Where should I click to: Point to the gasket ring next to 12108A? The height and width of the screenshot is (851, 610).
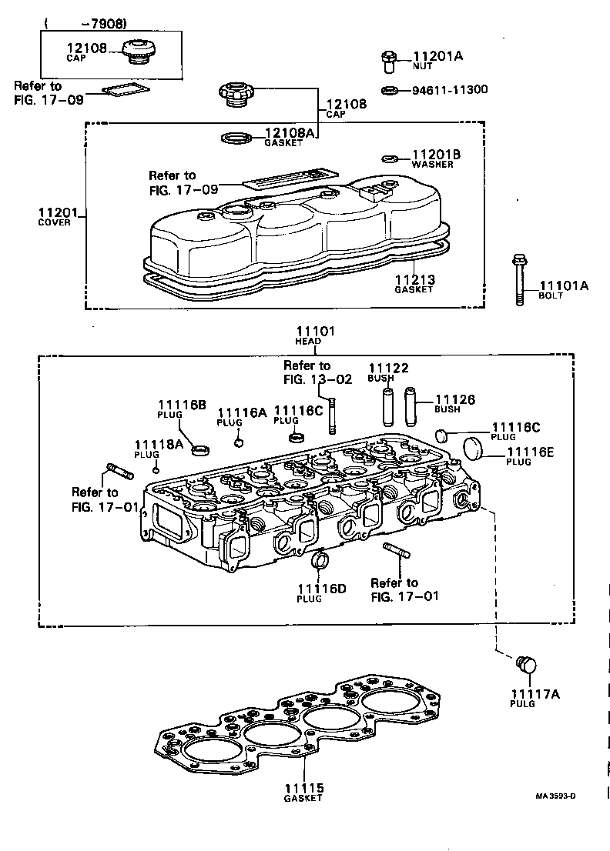click(x=235, y=138)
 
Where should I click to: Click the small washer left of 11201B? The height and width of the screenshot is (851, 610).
click(x=390, y=159)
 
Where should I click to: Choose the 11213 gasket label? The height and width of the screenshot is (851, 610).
click(x=414, y=280)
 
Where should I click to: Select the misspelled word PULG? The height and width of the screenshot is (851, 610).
click(x=522, y=704)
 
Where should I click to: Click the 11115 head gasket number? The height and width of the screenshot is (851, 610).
click(x=303, y=788)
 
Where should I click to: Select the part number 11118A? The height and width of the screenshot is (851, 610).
click(x=158, y=445)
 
